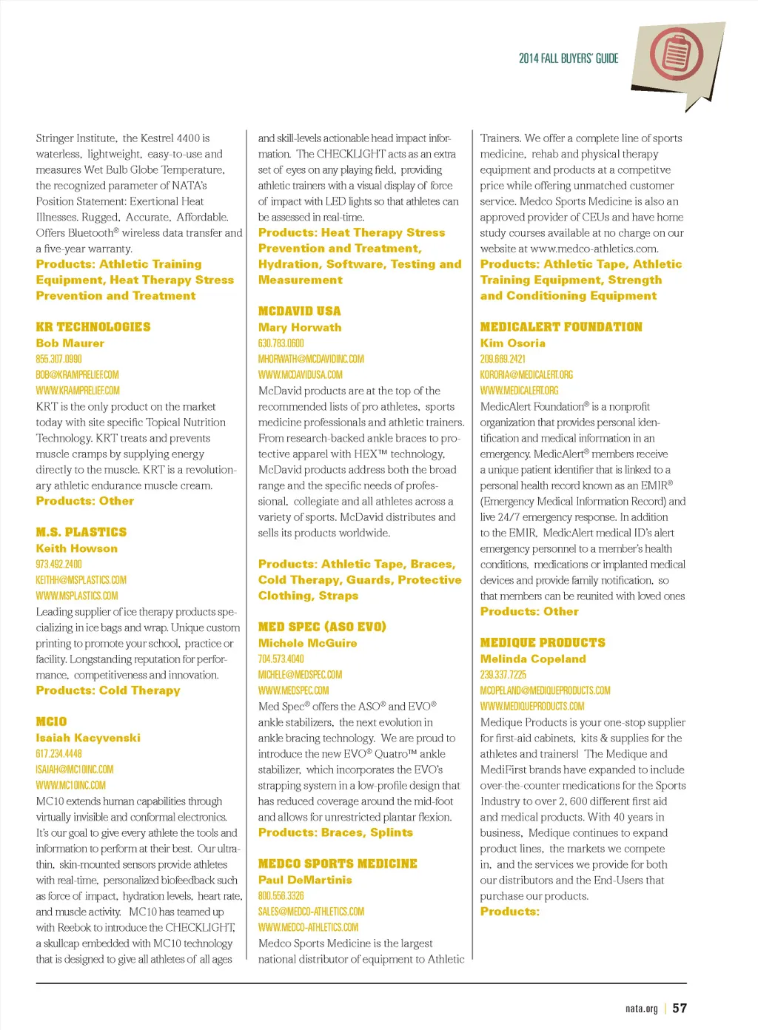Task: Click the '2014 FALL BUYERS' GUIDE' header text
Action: click(x=568, y=58)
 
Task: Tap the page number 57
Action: click(x=680, y=1008)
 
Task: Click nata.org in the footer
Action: click(x=641, y=1009)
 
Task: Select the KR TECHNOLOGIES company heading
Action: click(x=93, y=327)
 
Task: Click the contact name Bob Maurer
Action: click(x=70, y=343)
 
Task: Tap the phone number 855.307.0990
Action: click(x=59, y=359)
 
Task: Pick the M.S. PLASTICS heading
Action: click(x=81, y=532)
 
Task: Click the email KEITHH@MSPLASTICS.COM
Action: click(x=81, y=580)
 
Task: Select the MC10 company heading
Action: click(x=51, y=721)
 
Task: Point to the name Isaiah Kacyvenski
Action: click(x=88, y=738)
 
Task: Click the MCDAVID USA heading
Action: click(x=300, y=312)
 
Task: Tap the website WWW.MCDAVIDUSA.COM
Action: click(x=301, y=374)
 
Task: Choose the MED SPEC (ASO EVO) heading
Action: click(x=322, y=627)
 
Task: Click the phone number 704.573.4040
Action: click(x=281, y=659)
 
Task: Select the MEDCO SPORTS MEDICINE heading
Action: click(x=338, y=864)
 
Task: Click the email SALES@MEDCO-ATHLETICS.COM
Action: click(x=312, y=912)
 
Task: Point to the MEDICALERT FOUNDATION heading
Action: click(x=561, y=327)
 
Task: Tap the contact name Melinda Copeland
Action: click(x=533, y=659)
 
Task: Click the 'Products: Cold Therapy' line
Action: click(x=108, y=690)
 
